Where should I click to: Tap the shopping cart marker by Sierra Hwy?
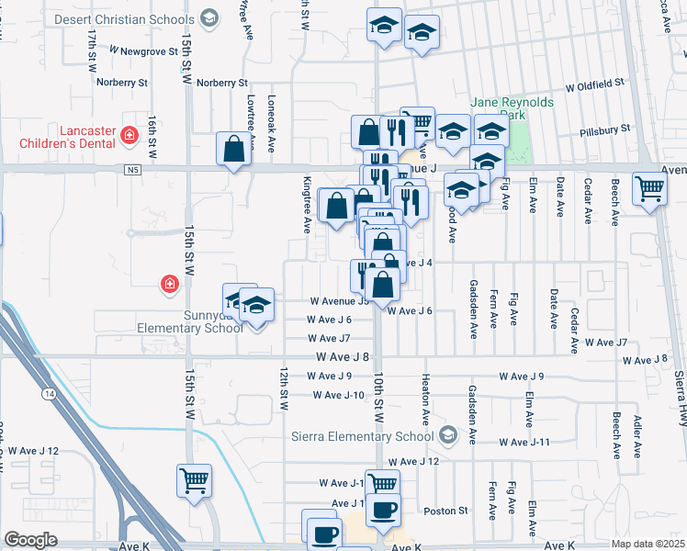[x=650, y=189]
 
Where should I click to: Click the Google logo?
[x=31, y=539]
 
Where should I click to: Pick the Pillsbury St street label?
[x=614, y=132]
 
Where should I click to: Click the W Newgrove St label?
[x=142, y=51]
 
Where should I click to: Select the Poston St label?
[x=445, y=511]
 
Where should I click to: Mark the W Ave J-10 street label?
[x=339, y=395]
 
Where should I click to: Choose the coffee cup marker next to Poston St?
[x=386, y=509]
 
